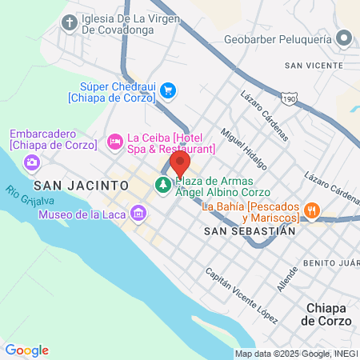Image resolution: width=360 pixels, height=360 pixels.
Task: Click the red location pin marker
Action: [x=180, y=166]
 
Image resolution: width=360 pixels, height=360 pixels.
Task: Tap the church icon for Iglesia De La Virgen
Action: [x=70, y=22]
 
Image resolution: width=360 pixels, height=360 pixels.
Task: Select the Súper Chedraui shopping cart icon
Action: [x=168, y=90]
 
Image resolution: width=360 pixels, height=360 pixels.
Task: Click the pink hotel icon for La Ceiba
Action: [x=115, y=141]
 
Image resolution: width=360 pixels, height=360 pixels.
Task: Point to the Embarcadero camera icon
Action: [x=33, y=162]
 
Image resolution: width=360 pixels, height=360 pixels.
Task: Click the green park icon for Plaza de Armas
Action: [x=163, y=186]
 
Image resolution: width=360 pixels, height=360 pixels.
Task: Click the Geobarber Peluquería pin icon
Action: [x=345, y=37]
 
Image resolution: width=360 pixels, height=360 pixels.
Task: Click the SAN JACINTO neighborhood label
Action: [x=82, y=185]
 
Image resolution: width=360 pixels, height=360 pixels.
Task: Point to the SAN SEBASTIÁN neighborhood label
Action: [x=250, y=230]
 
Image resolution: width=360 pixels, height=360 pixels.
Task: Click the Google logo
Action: [x=26, y=350]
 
